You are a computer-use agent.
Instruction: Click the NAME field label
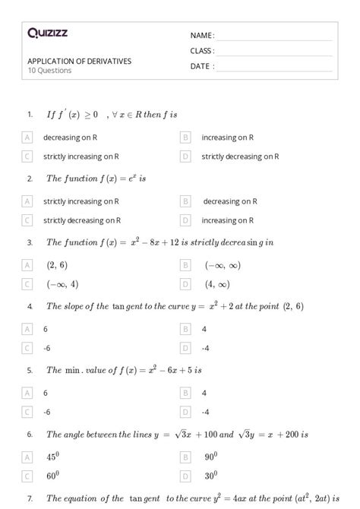[202, 36]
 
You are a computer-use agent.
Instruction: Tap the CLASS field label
[202, 51]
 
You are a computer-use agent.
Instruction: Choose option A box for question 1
[28, 138]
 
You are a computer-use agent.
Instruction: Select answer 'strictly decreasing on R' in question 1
[240, 156]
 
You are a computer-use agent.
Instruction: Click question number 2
[30, 179]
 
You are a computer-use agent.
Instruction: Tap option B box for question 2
[185, 201]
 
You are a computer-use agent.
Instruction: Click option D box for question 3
[185, 284]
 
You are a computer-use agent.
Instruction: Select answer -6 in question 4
[47, 348]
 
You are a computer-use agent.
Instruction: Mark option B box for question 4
[185, 329]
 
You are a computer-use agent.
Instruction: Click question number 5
[30, 370]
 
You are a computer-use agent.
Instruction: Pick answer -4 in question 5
[205, 412]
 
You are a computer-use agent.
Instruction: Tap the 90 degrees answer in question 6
[211, 457]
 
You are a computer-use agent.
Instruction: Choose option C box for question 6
[28, 476]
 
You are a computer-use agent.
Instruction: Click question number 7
[30, 498]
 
